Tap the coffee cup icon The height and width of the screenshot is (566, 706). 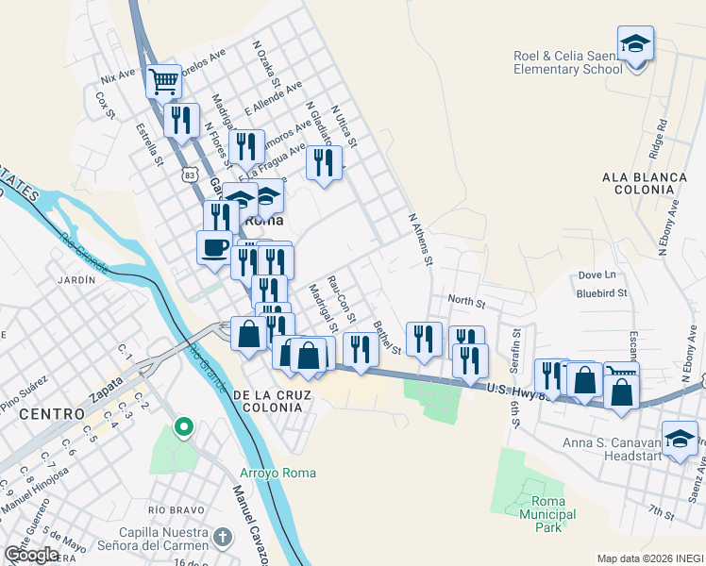[x=214, y=247]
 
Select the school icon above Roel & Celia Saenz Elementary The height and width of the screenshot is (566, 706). [x=635, y=43]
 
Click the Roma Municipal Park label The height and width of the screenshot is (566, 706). [x=541, y=514]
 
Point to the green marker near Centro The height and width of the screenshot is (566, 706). [x=184, y=428]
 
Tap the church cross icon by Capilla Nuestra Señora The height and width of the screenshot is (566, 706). [x=222, y=539]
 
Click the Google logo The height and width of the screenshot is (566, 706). [x=32, y=555]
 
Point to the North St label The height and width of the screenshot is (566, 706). [x=466, y=303]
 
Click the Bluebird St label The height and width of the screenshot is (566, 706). [x=602, y=293]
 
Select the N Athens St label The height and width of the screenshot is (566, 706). [x=419, y=238]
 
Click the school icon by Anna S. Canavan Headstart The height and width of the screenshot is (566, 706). [x=679, y=440]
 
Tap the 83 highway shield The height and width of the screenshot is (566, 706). [x=191, y=175]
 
